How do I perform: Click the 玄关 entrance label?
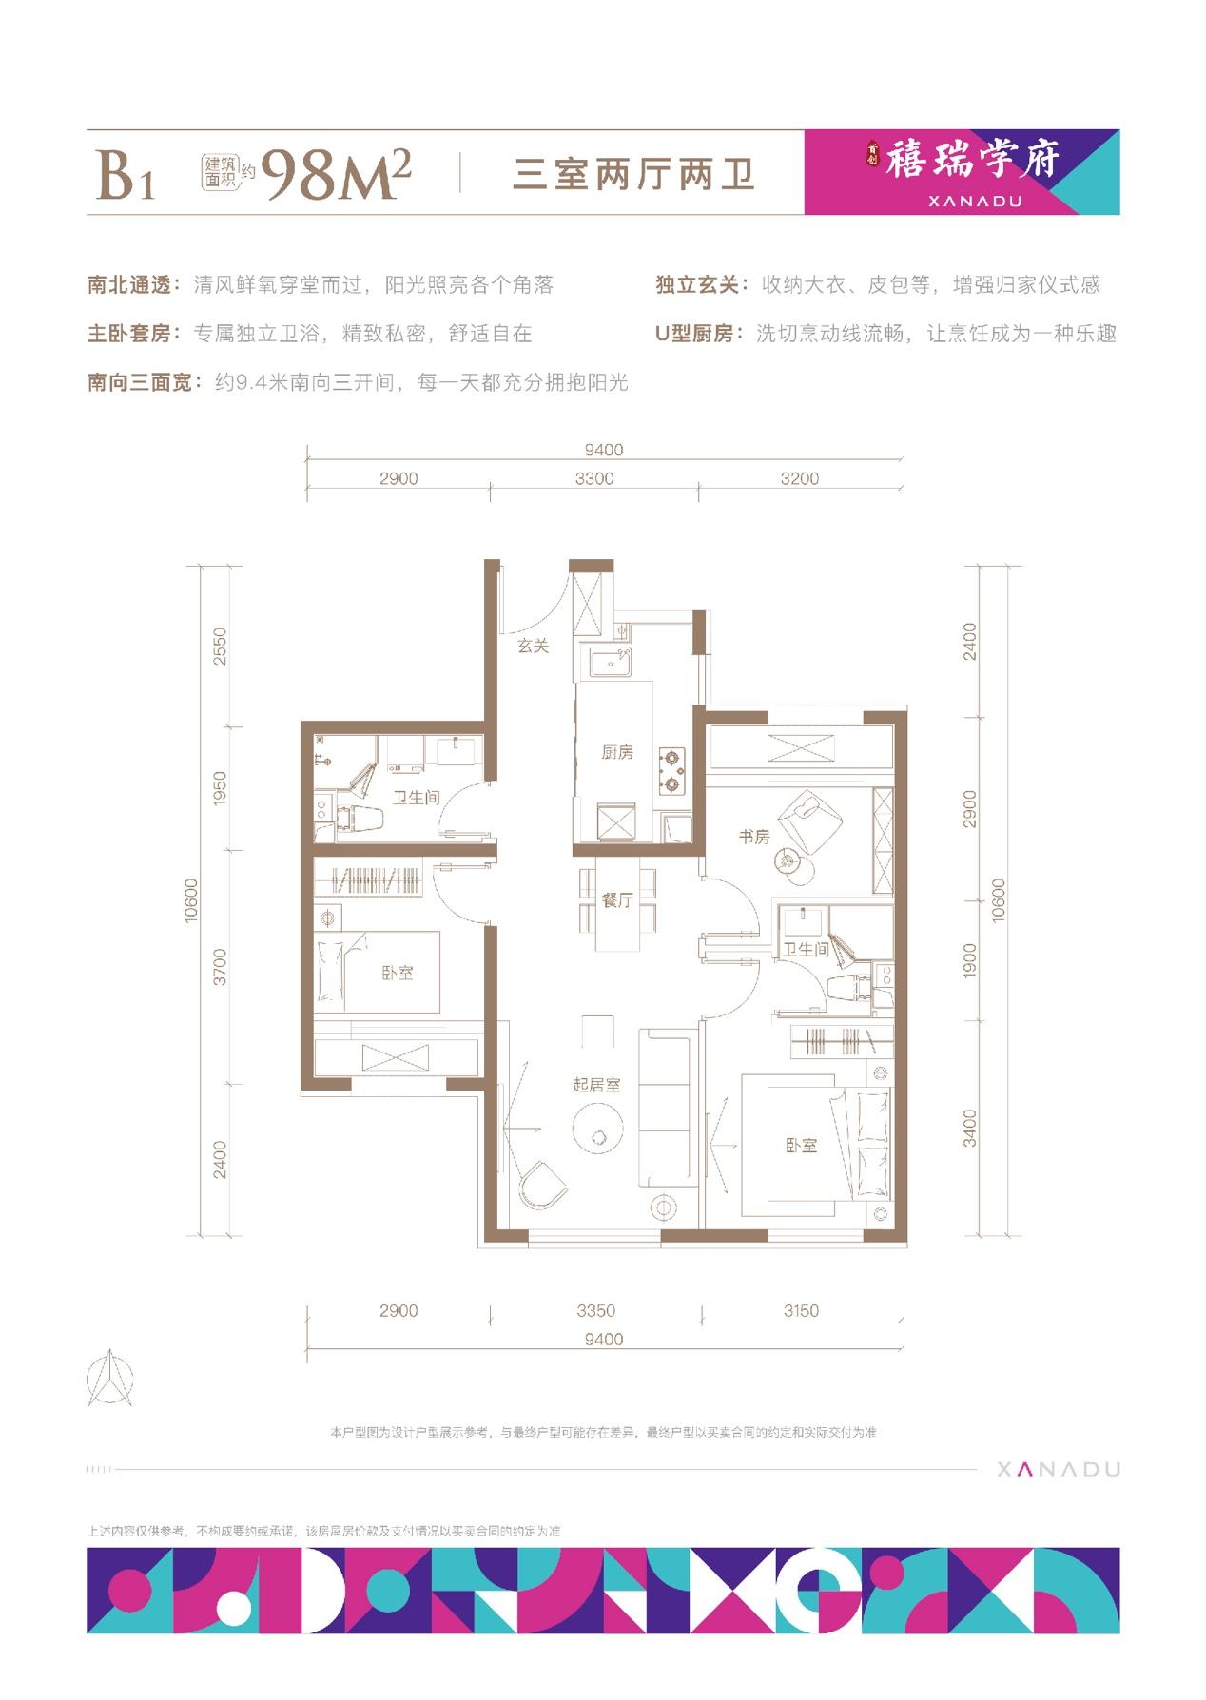(534, 646)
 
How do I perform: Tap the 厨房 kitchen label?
(616, 753)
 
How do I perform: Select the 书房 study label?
(754, 837)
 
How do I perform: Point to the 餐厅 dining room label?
(616, 900)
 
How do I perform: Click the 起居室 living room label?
(596, 1085)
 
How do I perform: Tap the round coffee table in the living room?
(598, 1133)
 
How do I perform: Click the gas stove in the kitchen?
(674, 771)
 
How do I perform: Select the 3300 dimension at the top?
(594, 478)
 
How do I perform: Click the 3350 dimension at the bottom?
(596, 1310)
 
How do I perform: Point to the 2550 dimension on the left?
(221, 646)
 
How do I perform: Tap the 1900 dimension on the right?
(969, 960)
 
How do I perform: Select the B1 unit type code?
(125, 175)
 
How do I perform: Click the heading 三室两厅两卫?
(633, 175)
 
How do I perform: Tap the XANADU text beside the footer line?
(1059, 1469)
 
